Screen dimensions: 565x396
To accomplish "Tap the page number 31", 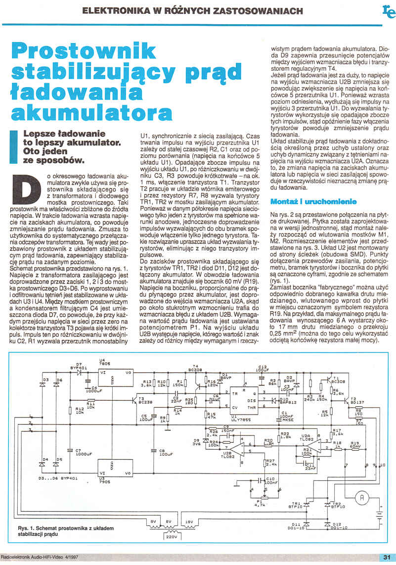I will (387, 557).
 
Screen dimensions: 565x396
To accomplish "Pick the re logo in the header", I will (388, 11).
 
